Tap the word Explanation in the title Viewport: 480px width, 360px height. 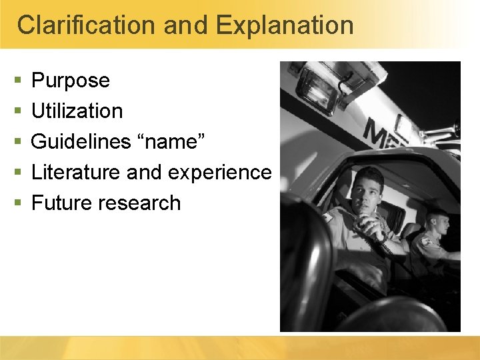click(285, 25)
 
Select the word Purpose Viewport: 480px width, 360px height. click(71, 81)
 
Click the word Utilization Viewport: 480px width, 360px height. click(77, 111)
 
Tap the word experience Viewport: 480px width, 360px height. click(219, 173)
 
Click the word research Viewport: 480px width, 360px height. click(140, 203)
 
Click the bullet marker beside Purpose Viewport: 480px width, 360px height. click(17, 81)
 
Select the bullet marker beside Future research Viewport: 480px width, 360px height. click(17, 203)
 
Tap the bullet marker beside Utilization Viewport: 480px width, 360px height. click(17, 111)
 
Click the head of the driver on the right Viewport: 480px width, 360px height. click(437, 223)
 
